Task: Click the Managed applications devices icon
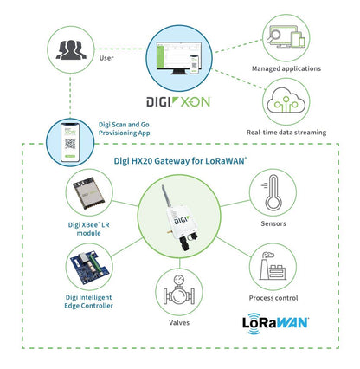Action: tap(286, 38)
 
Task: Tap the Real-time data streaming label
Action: tap(286, 132)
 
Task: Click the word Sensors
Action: tap(273, 222)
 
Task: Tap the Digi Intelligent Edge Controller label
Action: tap(90, 302)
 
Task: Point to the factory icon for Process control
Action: tap(273, 268)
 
